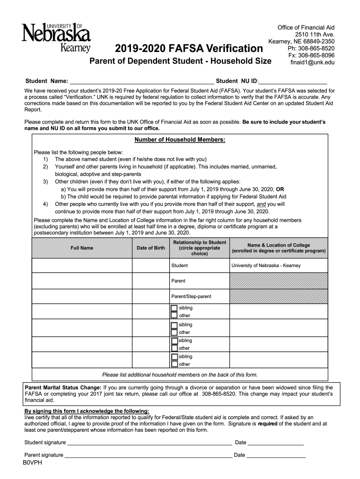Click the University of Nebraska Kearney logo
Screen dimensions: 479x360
[57, 37]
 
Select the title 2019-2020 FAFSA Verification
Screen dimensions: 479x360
[189, 49]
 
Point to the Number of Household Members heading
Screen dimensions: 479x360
[180, 140]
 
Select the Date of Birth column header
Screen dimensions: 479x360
[151, 248]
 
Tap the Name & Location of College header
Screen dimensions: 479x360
[278, 248]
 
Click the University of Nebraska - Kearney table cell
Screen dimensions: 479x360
[266, 265]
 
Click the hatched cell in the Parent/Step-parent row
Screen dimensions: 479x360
[278, 296]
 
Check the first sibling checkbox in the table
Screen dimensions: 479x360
[174, 308]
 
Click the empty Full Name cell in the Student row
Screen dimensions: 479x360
[82, 265]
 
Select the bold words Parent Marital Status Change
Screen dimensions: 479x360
[63, 387]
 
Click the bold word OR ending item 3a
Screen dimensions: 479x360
[280, 189]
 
